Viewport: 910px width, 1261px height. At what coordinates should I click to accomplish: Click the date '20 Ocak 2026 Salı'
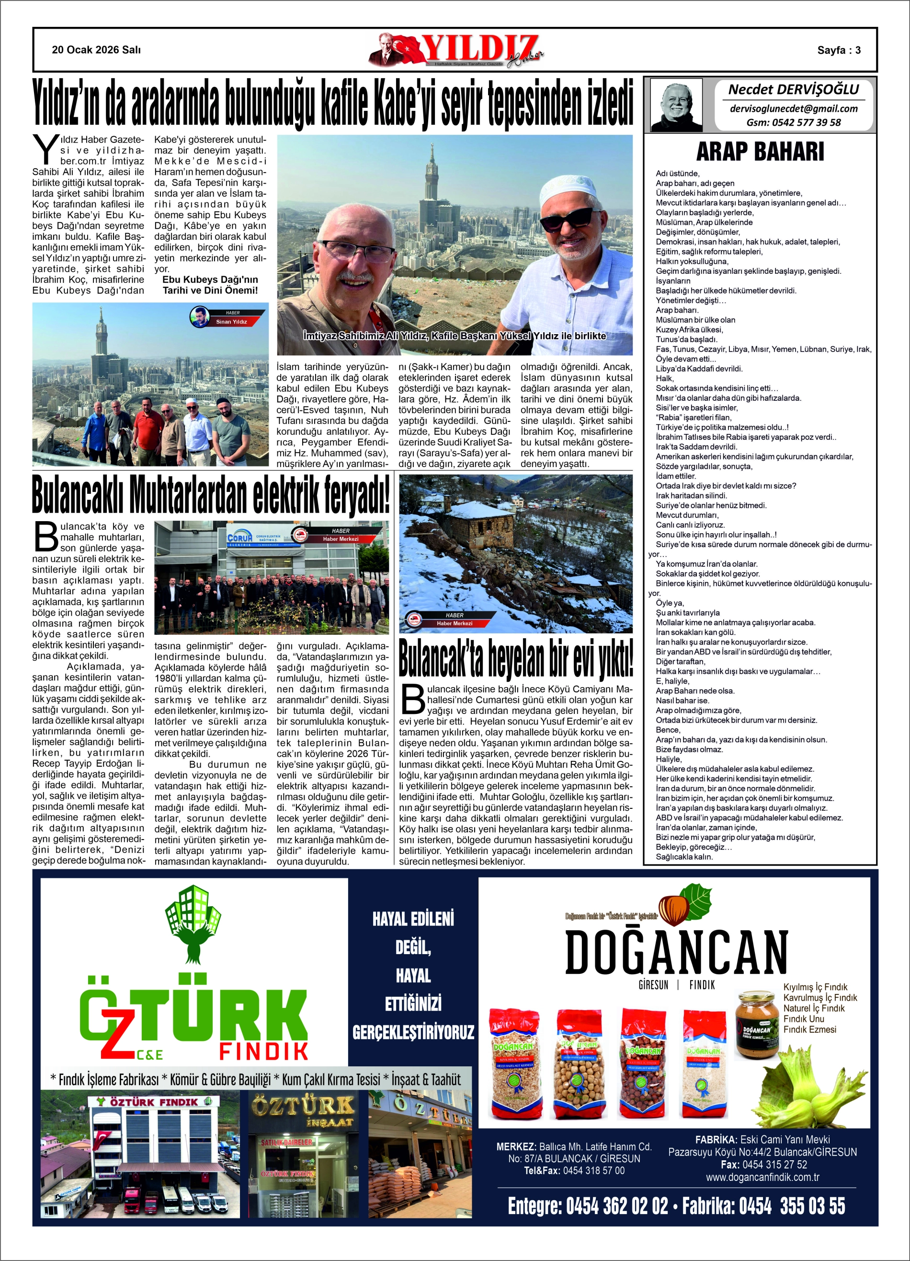coord(96,50)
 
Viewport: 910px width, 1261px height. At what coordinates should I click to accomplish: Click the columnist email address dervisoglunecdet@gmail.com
coord(793,109)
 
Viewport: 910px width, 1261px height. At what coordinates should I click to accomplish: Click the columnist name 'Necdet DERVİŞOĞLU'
coord(793,90)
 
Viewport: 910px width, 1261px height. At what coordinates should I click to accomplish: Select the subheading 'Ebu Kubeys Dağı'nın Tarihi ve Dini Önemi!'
coord(210,285)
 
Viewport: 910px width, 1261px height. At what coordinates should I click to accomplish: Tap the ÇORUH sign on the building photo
coord(240,538)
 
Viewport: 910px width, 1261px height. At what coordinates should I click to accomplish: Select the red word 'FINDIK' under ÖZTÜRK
coord(263,1051)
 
